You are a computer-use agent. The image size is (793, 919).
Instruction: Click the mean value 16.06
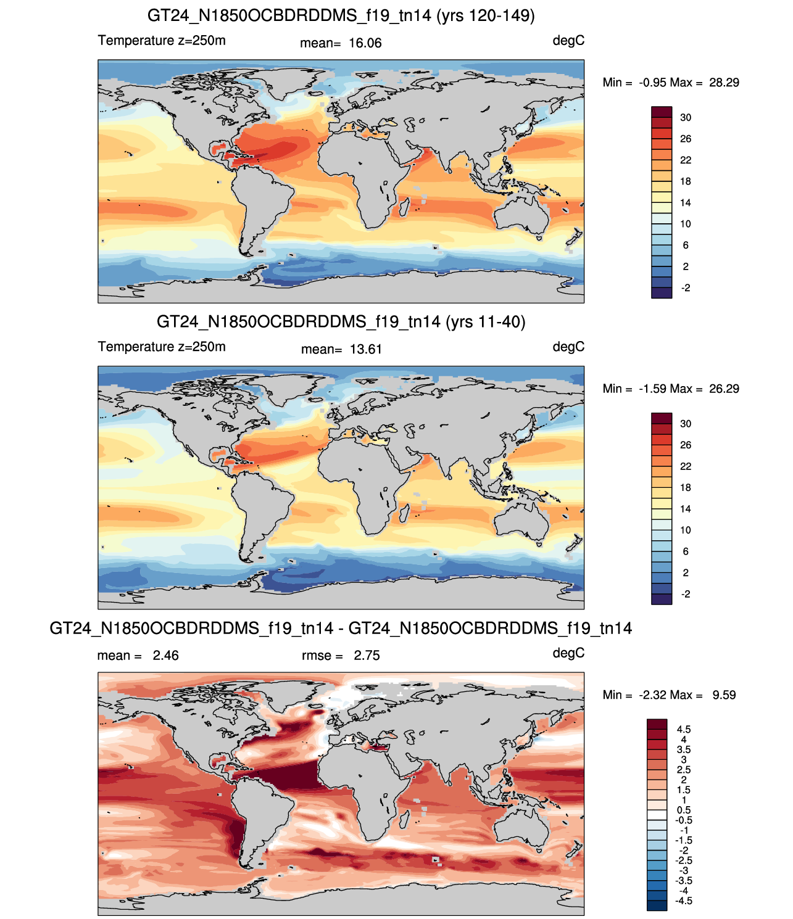[365, 43]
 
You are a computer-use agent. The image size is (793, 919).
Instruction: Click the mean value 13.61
[365, 350]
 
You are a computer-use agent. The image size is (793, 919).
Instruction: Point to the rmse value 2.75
[367, 656]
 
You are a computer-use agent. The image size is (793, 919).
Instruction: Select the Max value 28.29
[724, 83]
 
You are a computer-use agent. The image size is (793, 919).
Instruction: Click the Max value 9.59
[724, 695]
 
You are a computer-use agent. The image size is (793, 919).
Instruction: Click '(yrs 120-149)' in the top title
[486, 16]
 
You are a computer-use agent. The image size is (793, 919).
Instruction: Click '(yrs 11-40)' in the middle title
[486, 322]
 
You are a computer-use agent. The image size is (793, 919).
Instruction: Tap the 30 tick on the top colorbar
[686, 118]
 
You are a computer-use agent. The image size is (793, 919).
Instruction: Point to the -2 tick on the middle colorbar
[686, 594]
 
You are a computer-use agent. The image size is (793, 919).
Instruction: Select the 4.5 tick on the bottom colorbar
[684, 729]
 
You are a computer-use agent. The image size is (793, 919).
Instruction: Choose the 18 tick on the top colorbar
[686, 181]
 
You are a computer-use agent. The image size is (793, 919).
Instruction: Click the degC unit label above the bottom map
[568, 653]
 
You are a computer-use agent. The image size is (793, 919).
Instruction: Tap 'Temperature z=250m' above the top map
[162, 41]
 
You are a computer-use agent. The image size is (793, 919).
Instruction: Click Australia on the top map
[521, 213]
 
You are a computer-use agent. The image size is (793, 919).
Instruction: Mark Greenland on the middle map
[291, 387]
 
